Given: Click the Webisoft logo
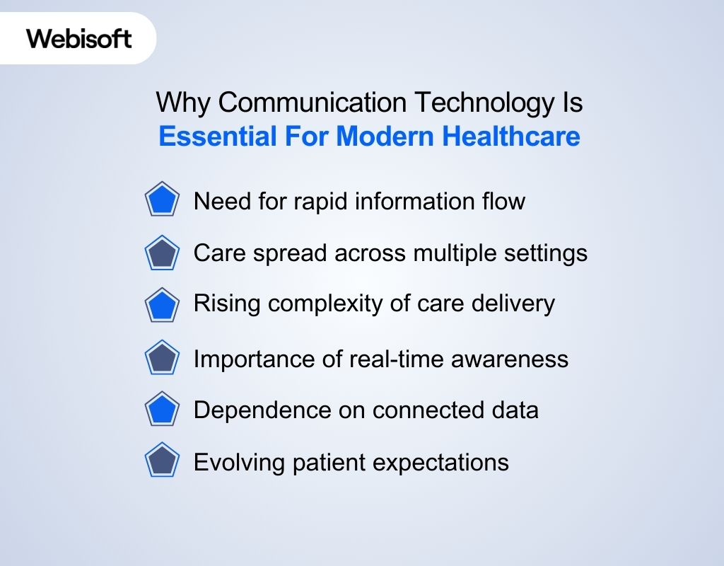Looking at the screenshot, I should (79, 38).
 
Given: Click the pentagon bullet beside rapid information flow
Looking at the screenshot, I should (163, 201).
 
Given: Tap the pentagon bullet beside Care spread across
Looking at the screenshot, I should (163, 253).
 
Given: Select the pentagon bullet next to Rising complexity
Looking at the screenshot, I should (163, 305).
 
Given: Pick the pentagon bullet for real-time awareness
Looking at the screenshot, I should (163, 359).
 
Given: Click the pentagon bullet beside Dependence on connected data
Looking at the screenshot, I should (163, 410).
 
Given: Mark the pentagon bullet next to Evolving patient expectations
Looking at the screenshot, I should (163, 462).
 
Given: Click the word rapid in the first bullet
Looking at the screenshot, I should (316, 202).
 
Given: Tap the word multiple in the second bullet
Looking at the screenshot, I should (450, 253).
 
